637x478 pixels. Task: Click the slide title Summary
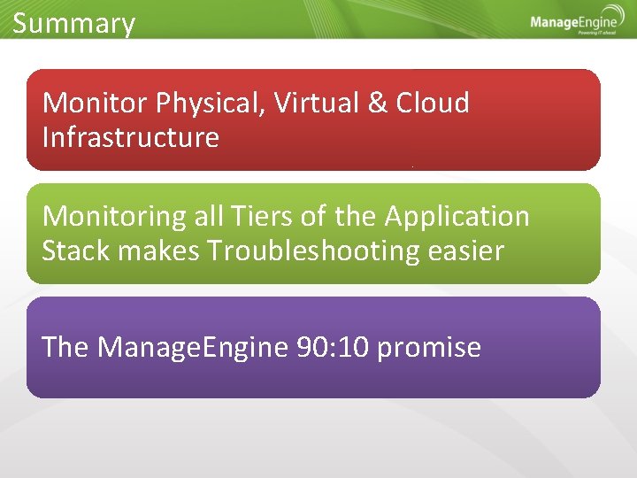click(73, 23)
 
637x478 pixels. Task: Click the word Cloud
click(433, 104)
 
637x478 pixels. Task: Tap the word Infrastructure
click(130, 138)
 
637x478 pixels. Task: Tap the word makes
click(158, 251)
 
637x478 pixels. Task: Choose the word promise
click(429, 348)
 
